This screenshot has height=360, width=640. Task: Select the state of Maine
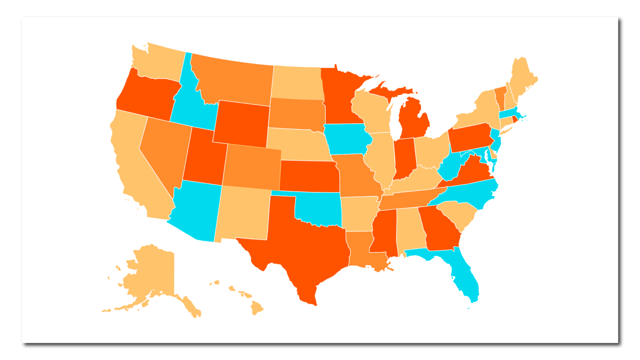(x=523, y=78)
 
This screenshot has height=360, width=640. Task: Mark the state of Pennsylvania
(x=469, y=137)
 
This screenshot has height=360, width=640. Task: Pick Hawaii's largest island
(x=257, y=309)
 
